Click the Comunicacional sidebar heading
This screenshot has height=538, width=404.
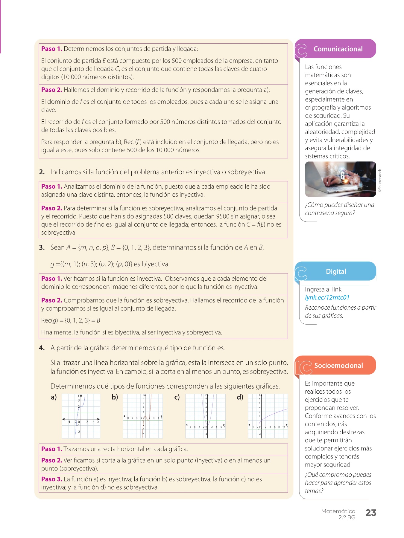click(x=338, y=49)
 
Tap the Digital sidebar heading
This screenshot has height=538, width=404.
click(x=336, y=271)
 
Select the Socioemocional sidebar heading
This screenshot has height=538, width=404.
click(x=338, y=365)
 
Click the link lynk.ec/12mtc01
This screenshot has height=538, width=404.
click(x=327, y=297)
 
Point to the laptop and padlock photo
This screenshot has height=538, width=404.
click(x=340, y=179)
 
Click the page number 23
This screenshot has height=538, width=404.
click(x=371, y=513)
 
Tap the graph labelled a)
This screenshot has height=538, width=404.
click(x=81, y=416)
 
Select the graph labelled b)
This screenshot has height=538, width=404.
click(x=143, y=416)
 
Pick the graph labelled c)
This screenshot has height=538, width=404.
click(x=205, y=416)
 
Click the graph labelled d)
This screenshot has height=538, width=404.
click(x=268, y=416)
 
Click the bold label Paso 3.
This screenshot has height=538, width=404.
click(x=52, y=479)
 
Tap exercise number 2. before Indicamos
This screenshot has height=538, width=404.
click(x=42, y=172)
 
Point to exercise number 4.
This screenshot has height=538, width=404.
click(x=42, y=348)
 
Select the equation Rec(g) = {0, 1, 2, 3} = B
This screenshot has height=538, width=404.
click(x=71, y=320)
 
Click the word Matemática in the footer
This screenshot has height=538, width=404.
click(x=338, y=511)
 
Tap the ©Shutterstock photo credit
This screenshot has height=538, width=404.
click(x=380, y=180)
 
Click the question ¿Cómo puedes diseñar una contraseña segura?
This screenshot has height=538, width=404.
click(x=339, y=209)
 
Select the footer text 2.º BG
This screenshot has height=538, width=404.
click(x=347, y=517)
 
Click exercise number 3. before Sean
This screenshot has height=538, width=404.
click(x=42, y=247)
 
